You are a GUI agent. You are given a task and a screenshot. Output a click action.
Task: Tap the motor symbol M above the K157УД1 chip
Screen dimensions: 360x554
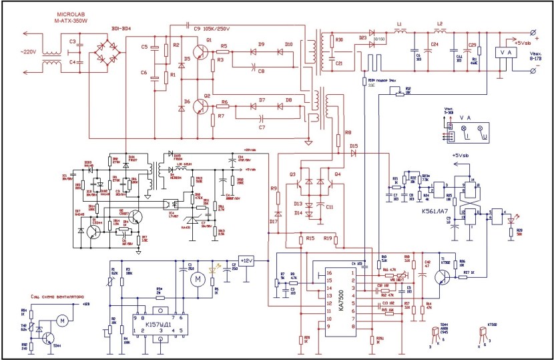tap(197, 277)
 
